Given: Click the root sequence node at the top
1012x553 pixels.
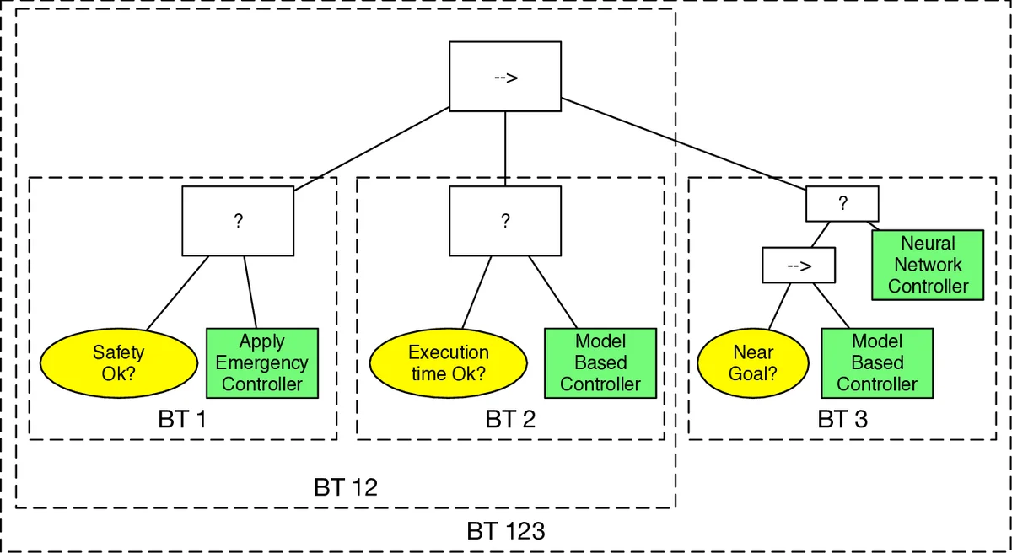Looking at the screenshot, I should [x=504, y=77].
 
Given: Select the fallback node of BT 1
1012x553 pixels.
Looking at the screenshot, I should [x=238, y=221].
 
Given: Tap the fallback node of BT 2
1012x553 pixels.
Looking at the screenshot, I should [x=504, y=221].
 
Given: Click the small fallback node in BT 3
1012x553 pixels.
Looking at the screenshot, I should [x=842, y=203].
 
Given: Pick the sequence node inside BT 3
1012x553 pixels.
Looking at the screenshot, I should [x=798, y=265].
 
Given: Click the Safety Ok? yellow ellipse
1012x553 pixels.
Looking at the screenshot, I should [x=118, y=362].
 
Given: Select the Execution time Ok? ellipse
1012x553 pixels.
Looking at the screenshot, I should [x=448, y=362].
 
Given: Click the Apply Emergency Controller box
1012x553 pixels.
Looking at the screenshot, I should [x=261, y=362].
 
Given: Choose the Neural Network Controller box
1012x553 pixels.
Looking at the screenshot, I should [x=928, y=265].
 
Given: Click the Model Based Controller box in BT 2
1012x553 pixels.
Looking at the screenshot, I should [x=600, y=362].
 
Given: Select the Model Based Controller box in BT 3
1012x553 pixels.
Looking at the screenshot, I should [x=877, y=362].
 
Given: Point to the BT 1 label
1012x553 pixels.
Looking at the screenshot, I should [x=182, y=419].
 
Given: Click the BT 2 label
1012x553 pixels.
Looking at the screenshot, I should [x=510, y=419].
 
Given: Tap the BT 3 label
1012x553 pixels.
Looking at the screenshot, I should [x=842, y=419].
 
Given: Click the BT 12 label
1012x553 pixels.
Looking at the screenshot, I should [x=346, y=487].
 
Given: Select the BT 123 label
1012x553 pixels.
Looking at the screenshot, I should [x=506, y=532].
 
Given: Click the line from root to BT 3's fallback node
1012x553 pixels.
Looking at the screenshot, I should [x=683, y=142].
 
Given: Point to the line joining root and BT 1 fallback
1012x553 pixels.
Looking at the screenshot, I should [x=371, y=148].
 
